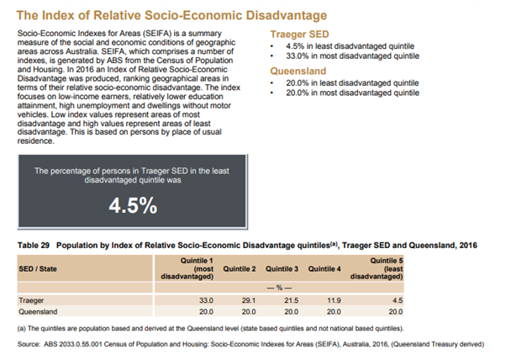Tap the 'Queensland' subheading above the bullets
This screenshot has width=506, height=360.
295,71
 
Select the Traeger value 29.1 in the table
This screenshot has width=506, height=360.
245,299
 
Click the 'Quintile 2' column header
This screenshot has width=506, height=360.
240,268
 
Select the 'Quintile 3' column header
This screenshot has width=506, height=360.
282,268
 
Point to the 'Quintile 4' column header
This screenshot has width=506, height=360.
324,268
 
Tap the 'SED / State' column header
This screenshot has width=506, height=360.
39,268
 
